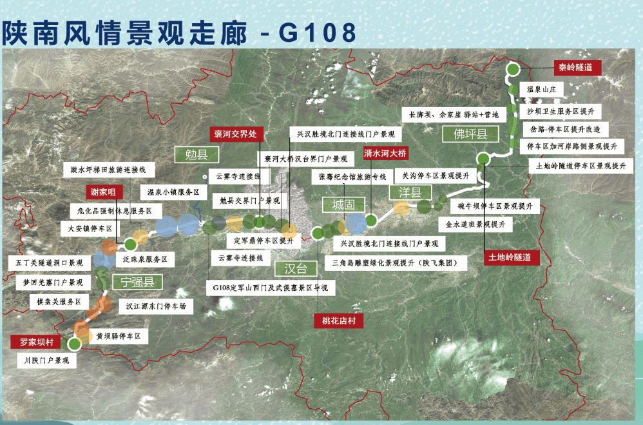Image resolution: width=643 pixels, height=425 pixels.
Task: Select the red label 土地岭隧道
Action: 512,257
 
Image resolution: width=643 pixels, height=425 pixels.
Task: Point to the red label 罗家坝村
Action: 35,342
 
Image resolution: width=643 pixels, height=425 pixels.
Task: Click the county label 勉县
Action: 197,155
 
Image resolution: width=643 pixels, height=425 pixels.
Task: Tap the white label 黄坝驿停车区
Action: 119,336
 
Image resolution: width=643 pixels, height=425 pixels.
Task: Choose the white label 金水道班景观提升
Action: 475,224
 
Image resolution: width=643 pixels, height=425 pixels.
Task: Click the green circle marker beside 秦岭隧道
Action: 512,69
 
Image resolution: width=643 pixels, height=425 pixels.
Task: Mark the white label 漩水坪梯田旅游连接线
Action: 113,170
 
